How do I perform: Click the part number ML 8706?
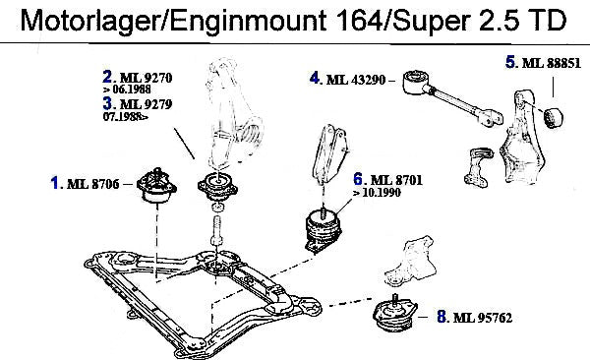(92, 184)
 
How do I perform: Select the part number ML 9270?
(146, 78)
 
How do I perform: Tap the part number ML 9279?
(146, 104)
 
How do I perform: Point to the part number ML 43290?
(356, 80)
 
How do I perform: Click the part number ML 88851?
(552, 63)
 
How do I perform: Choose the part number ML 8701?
(396, 180)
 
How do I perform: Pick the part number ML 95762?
(483, 318)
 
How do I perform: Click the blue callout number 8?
(442, 317)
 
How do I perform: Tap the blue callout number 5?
(509, 62)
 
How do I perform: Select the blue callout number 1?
(55, 183)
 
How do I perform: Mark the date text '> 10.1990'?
(377, 193)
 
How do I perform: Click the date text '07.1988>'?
(126, 117)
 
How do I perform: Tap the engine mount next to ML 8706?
(156, 186)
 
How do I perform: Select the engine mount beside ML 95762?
(394, 314)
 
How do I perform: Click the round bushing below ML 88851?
(554, 117)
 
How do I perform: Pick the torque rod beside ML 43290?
(451, 96)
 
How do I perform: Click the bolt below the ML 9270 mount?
(216, 231)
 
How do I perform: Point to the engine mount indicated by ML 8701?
(324, 231)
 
